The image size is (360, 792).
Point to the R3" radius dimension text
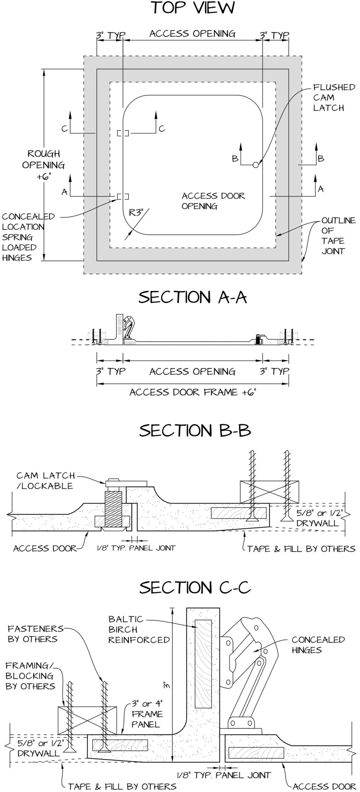(136, 212)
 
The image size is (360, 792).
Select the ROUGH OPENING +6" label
(43, 165)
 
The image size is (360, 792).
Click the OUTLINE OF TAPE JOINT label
(333, 236)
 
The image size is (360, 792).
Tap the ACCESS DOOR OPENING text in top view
(213, 201)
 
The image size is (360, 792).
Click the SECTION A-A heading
(192, 297)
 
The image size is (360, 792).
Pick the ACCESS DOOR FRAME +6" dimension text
(193, 393)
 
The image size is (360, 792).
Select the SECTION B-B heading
(195, 430)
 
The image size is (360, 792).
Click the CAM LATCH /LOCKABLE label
(45, 481)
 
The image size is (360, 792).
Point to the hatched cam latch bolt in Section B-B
(113, 509)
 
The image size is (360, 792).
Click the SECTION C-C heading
(195, 587)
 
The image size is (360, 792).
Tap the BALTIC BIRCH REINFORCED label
(138, 629)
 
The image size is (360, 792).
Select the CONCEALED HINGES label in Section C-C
(318, 645)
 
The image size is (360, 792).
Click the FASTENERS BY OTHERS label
(35, 634)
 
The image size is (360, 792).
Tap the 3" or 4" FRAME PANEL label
(147, 713)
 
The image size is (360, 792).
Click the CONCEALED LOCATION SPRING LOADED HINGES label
(28, 237)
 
